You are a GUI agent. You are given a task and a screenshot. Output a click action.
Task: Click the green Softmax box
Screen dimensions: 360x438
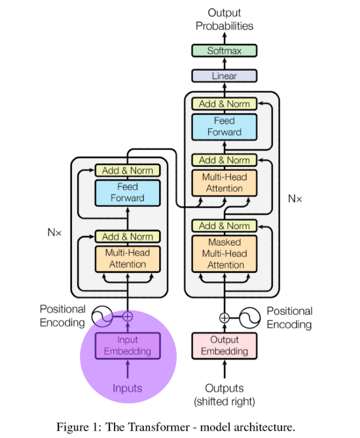(225, 50)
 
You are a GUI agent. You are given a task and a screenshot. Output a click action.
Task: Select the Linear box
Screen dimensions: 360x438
(225, 76)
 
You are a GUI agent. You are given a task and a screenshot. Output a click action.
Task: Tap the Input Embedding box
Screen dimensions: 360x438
(128, 346)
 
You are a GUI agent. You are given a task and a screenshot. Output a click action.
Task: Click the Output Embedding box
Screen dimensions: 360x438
(225, 346)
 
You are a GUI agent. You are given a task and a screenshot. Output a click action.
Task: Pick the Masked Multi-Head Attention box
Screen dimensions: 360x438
(225, 253)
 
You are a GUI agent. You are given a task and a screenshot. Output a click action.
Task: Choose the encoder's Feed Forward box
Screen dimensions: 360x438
(128, 193)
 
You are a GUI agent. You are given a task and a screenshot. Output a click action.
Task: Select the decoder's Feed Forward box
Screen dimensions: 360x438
(225, 127)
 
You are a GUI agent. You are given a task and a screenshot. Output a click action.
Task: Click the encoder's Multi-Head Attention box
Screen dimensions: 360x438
(128, 259)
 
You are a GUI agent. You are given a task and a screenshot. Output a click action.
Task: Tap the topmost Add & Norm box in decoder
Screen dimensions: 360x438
(225, 103)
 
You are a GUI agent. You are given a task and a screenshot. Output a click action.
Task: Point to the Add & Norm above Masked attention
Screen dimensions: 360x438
(225, 226)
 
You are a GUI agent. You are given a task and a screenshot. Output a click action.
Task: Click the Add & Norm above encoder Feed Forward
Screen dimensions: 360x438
(128, 170)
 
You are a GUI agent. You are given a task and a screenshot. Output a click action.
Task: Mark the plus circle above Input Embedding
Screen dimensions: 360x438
(128, 316)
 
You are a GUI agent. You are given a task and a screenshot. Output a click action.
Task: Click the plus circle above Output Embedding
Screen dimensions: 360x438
(225, 318)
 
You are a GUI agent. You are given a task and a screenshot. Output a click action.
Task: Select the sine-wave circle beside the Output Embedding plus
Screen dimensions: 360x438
(249, 318)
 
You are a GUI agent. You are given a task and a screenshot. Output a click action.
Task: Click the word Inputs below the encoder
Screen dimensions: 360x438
(128, 388)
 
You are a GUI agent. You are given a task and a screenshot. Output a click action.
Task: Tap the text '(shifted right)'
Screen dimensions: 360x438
(225, 402)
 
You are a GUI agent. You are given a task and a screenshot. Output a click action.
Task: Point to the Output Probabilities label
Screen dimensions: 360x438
(225, 19)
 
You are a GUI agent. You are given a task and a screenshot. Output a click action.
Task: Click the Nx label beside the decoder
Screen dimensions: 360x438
(295, 198)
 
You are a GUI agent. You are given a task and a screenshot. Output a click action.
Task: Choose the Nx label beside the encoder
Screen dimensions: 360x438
(54, 232)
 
